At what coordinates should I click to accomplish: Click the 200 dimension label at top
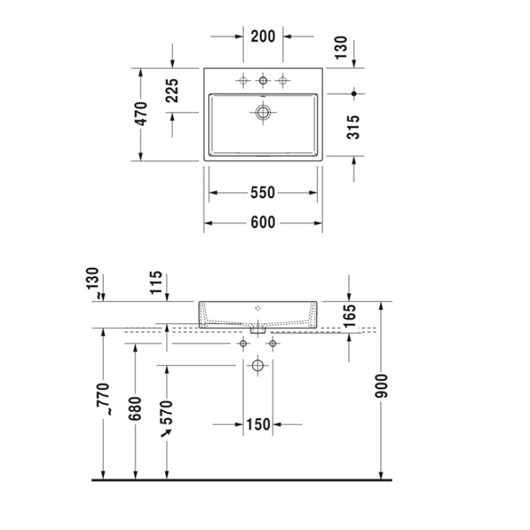point(263,36)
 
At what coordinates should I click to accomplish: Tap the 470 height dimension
point(141,113)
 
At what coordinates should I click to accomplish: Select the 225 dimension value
point(172,91)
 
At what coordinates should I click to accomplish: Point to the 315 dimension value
point(354,127)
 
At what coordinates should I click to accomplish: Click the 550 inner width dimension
point(263,193)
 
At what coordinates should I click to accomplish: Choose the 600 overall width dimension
point(263,223)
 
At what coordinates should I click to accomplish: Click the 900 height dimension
point(382,386)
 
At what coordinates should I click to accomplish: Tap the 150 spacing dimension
point(258,424)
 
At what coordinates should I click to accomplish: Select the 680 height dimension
point(135,408)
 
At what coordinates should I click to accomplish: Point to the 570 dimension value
point(167,413)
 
